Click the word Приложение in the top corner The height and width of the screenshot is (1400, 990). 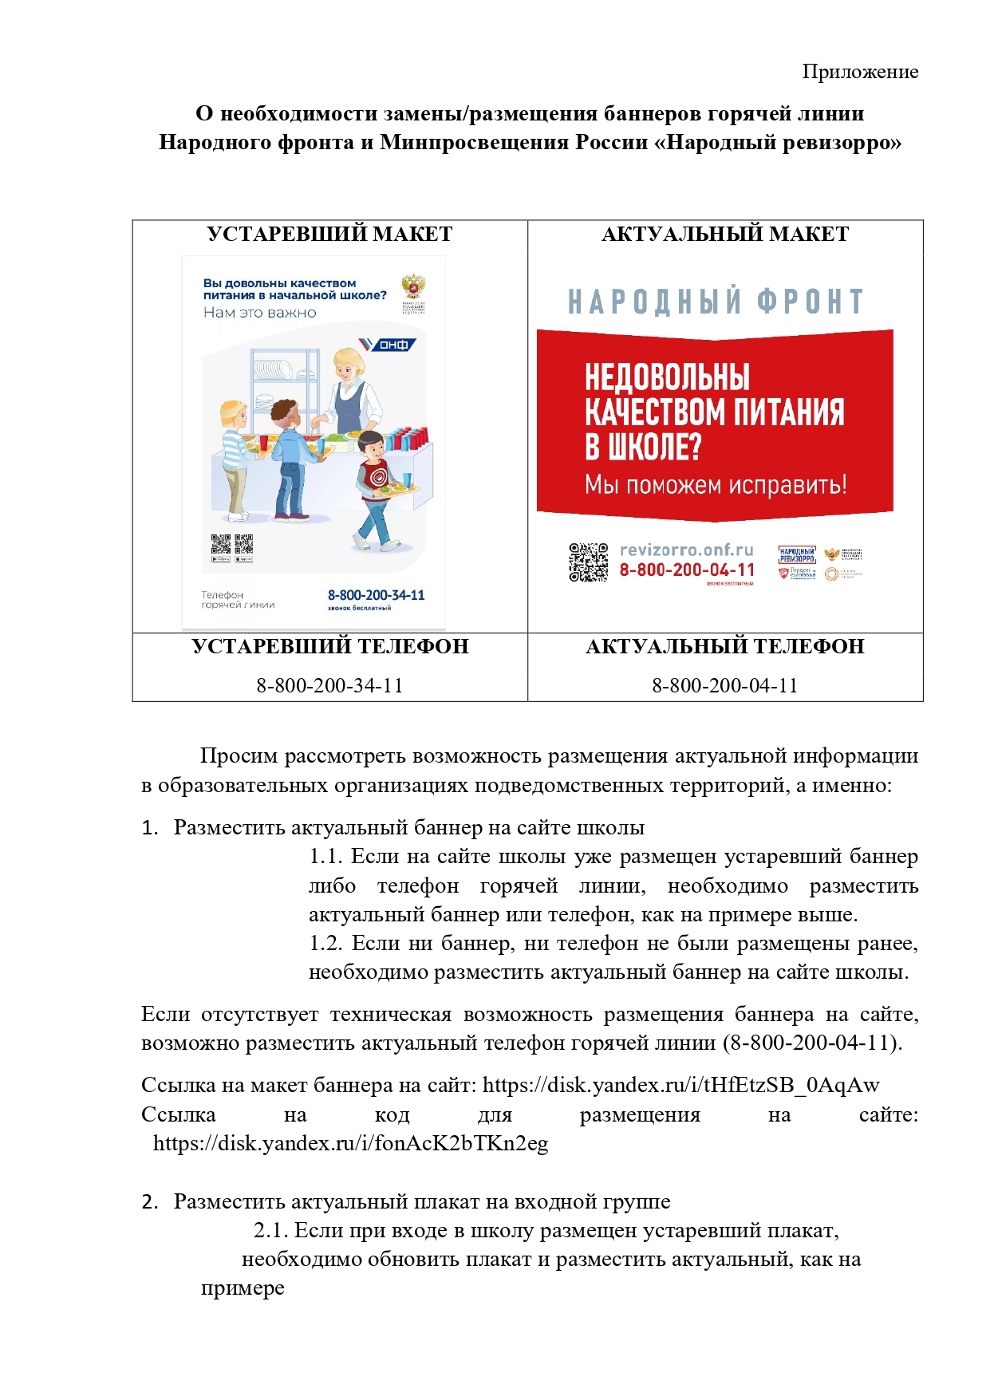(860, 72)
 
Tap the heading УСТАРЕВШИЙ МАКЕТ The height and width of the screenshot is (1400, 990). (329, 235)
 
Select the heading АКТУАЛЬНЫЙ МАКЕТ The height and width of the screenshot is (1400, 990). (724, 235)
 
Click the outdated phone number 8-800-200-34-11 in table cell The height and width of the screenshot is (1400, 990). (329, 685)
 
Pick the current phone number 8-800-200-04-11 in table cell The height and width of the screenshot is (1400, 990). (724, 685)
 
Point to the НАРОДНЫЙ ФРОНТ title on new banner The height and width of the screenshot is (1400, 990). (716, 302)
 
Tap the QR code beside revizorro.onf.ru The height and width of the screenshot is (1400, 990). (588, 562)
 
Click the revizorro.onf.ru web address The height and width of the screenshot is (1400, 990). (686, 550)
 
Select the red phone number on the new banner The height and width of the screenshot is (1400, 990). (687, 570)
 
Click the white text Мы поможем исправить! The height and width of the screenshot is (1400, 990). (716, 484)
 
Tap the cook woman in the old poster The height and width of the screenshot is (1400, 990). (349, 391)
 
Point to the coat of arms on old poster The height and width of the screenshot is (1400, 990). (412, 286)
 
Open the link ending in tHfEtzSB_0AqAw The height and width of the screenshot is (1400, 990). (680, 1085)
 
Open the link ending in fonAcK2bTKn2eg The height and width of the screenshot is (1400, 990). (350, 1143)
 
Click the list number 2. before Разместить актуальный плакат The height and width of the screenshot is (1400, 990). (150, 1201)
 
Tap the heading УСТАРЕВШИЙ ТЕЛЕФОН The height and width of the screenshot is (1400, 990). (329, 646)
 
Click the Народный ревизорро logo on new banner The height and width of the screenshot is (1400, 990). (796, 554)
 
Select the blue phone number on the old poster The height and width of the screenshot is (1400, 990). (376, 595)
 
